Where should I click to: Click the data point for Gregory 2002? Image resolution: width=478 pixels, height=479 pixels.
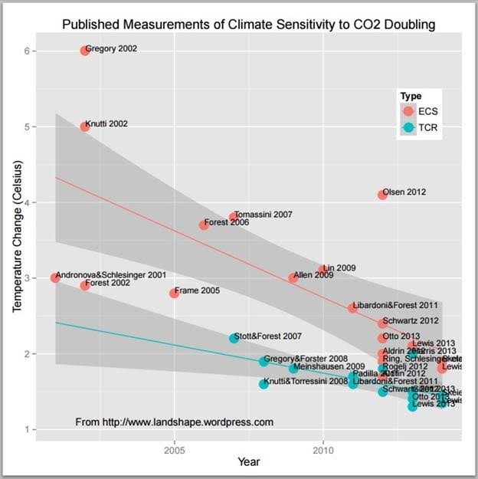pos(85,51)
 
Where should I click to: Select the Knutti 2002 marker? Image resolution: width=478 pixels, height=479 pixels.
pos(85,126)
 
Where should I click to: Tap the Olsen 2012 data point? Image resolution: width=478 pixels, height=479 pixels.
pos(382,195)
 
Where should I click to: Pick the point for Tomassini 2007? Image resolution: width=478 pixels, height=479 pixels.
pos(234,218)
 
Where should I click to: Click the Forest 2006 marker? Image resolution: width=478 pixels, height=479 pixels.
pos(204,225)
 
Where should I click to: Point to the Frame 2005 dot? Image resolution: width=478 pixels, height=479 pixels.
pos(175,293)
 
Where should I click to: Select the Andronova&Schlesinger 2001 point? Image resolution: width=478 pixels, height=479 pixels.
pos(55,277)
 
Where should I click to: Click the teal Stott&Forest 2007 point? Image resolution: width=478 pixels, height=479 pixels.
pos(234,338)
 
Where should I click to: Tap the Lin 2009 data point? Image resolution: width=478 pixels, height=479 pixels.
pos(322,270)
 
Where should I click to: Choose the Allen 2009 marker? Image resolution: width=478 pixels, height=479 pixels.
pos(293,277)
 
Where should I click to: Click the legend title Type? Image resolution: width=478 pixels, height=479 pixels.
pos(411,96)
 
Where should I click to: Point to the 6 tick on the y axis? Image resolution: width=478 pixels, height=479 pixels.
pos(30,51)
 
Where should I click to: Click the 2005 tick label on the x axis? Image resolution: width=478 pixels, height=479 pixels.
pos(175,448)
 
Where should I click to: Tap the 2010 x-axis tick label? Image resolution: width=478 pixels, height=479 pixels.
pos(322,448)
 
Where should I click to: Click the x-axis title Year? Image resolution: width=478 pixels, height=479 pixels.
pos(249,462)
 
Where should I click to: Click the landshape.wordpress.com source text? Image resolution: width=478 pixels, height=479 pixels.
pos(174,422)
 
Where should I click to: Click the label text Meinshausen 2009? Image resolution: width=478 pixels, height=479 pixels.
pos(329,367)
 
